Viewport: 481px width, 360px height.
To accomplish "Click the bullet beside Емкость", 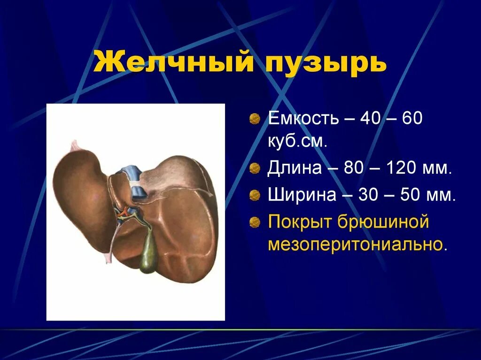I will (x=255, y=119).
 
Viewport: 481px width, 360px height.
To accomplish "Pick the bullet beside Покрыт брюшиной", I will (x=255, y=222).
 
